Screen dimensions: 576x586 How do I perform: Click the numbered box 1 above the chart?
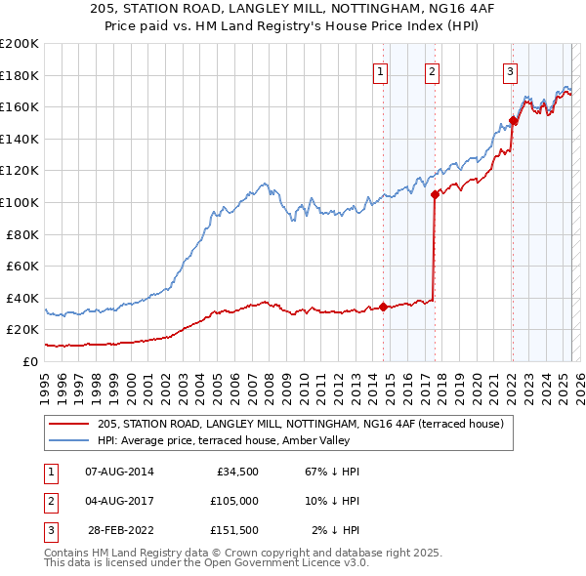(379, 69)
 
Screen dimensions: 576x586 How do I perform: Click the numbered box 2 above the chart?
(431, 69)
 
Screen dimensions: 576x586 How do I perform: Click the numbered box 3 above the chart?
(510, 69)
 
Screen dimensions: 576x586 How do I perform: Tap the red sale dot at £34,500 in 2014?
(383, 307)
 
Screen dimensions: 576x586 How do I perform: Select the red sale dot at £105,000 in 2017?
(435, 194)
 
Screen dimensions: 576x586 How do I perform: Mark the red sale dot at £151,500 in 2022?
(514, 121)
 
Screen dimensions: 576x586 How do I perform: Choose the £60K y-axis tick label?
(22, 266)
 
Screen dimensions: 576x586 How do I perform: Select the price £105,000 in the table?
(234, 501)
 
